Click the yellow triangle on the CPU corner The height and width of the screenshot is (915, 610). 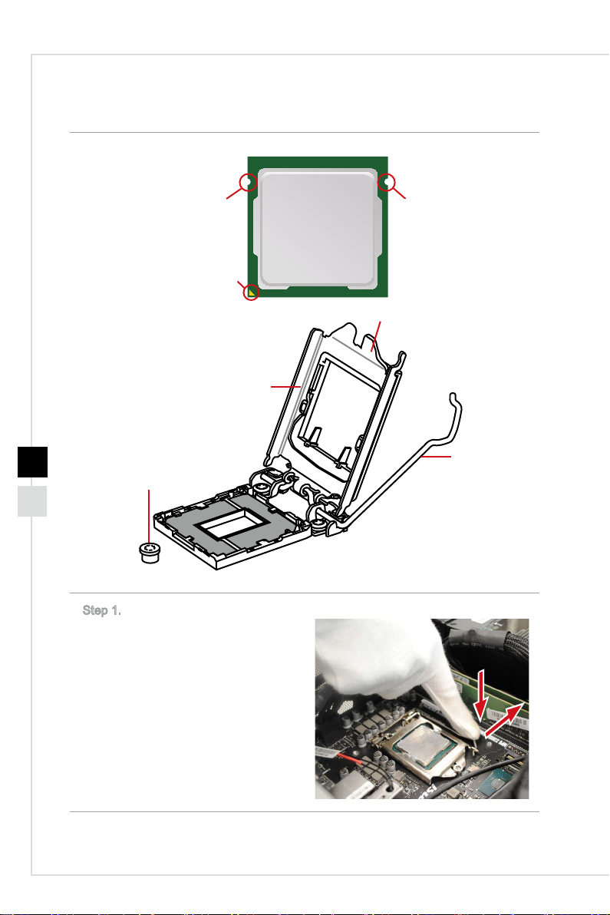pos(252,291)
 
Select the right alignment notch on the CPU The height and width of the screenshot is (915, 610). pos(385,183)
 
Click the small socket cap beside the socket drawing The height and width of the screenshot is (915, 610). pos(150,552)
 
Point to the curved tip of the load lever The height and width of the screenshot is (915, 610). pos(455,398)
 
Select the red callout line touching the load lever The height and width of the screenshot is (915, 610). pos(437,456)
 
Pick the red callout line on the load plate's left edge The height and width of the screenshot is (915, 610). pos(285,386)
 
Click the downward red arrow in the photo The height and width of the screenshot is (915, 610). pos(480,695)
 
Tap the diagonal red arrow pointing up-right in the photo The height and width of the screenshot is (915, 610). pos(504,720)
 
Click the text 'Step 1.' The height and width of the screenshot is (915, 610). pos(101,610)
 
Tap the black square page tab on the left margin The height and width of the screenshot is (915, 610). pos(33,461)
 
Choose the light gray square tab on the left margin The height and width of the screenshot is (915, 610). pos(33,501)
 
